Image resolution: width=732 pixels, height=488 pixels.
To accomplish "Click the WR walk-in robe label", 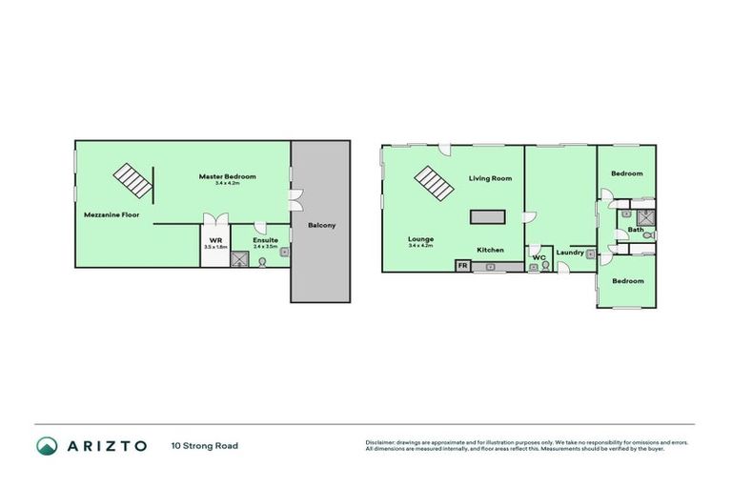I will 214,239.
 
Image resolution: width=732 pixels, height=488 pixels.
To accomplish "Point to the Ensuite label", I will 265,239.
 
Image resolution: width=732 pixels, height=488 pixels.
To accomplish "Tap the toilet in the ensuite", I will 262,260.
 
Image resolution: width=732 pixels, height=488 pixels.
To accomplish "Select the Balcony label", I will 320,226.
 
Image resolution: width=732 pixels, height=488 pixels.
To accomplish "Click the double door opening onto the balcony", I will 295,200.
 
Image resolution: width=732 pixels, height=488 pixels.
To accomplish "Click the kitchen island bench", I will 488,215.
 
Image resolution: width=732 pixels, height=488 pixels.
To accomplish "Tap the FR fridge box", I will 463,266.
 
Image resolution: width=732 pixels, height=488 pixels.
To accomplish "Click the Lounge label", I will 420,239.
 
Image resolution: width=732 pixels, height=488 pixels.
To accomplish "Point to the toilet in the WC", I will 546,266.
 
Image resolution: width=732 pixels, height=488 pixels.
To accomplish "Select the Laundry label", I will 570,253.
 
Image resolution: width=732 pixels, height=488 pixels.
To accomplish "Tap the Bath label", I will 636,231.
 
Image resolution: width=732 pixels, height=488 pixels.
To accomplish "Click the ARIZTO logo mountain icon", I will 48,445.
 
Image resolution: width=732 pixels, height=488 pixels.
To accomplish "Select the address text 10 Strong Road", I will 204,445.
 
